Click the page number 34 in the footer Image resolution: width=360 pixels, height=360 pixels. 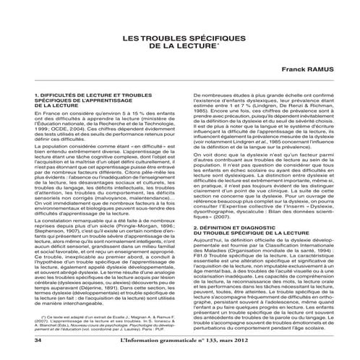click(39, 351)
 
